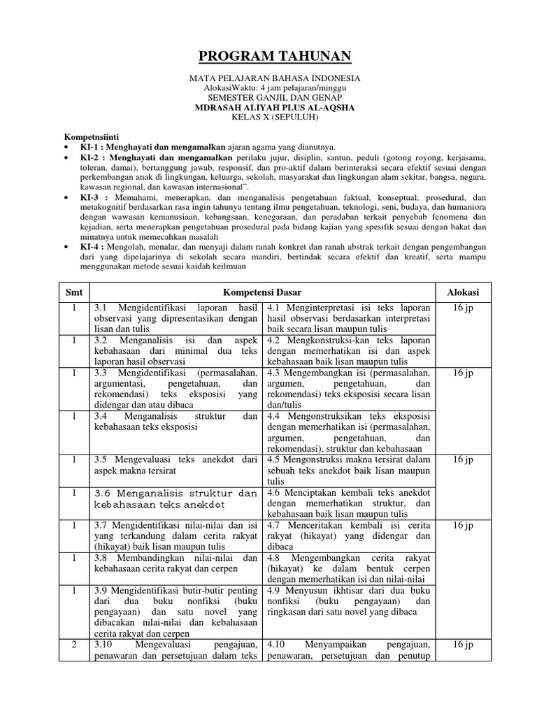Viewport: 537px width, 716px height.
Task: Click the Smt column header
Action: (x=74, y=292)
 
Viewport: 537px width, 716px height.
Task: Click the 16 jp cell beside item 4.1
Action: (x=463, y=308)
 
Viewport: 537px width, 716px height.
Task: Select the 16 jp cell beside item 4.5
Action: (x=463, y=459)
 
